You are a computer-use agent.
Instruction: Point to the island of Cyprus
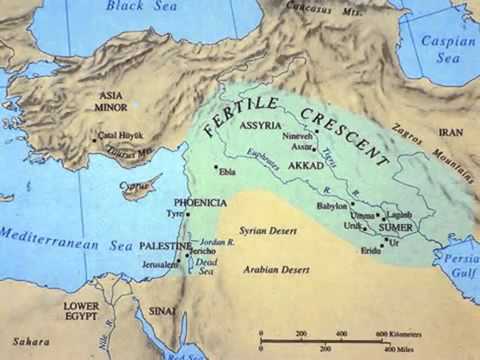pos(141,187)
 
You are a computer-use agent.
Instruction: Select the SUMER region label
pos(396,229)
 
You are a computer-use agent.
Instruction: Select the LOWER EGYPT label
pos(81,310)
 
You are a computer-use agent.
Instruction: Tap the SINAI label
pos(164,312)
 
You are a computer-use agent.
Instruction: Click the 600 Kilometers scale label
pos(397,334)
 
